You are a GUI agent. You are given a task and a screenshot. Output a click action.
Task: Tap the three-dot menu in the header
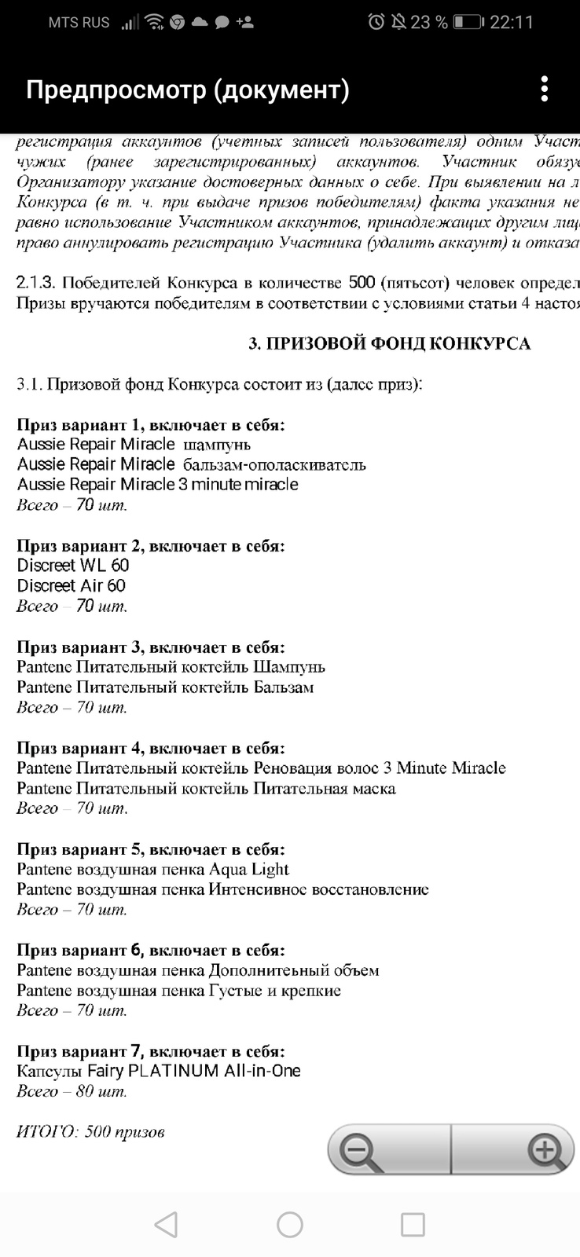coord(544,90)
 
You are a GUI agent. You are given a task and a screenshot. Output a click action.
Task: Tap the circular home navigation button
coord(290,1224)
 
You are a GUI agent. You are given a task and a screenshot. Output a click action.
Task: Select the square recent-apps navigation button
coord(413,1224)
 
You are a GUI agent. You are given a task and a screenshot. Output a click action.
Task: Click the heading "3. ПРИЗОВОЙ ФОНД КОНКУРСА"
coord(389,343)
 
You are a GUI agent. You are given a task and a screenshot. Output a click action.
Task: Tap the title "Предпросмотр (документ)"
coord(188,90)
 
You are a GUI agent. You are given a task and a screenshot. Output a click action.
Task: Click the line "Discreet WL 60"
coord(73,566)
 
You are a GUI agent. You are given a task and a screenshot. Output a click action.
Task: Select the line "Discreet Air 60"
coord(72,586)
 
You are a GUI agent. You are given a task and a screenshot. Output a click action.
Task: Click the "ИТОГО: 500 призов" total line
coord(90,1132)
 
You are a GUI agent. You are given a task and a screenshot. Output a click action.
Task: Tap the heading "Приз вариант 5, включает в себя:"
coord(151,849)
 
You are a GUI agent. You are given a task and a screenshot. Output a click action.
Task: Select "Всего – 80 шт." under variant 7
coord(72,1091)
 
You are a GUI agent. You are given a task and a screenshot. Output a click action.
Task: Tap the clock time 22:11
coord(512,22)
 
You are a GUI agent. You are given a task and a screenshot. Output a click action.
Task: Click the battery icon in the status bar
coord(468,22)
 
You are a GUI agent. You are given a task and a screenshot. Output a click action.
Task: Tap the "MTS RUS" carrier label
coord(79,22)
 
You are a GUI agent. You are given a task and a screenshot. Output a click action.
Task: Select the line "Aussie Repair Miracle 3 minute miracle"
coord(158,485)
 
